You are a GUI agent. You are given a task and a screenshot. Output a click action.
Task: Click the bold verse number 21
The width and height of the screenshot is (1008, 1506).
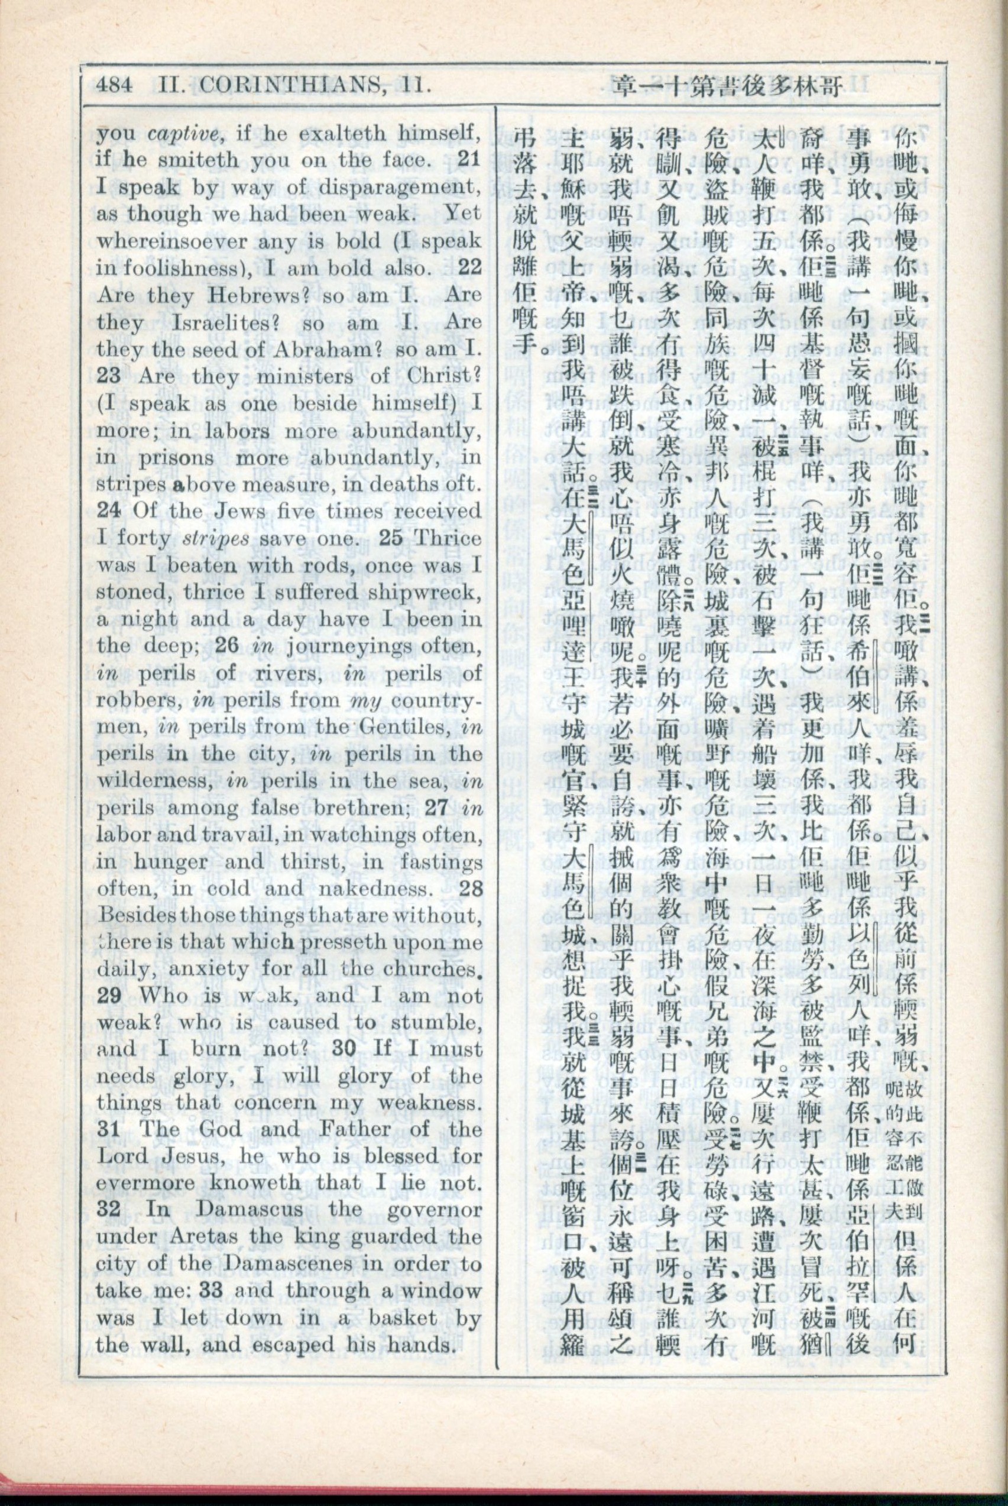coord(468,160)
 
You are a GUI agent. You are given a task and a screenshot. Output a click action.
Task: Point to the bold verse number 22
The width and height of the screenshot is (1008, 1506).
coord(468,268)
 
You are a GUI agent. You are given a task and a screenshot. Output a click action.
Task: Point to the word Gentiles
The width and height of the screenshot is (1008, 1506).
coord(406,728)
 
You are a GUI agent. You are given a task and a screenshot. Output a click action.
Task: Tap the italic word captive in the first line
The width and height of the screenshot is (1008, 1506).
coord(186,134)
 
